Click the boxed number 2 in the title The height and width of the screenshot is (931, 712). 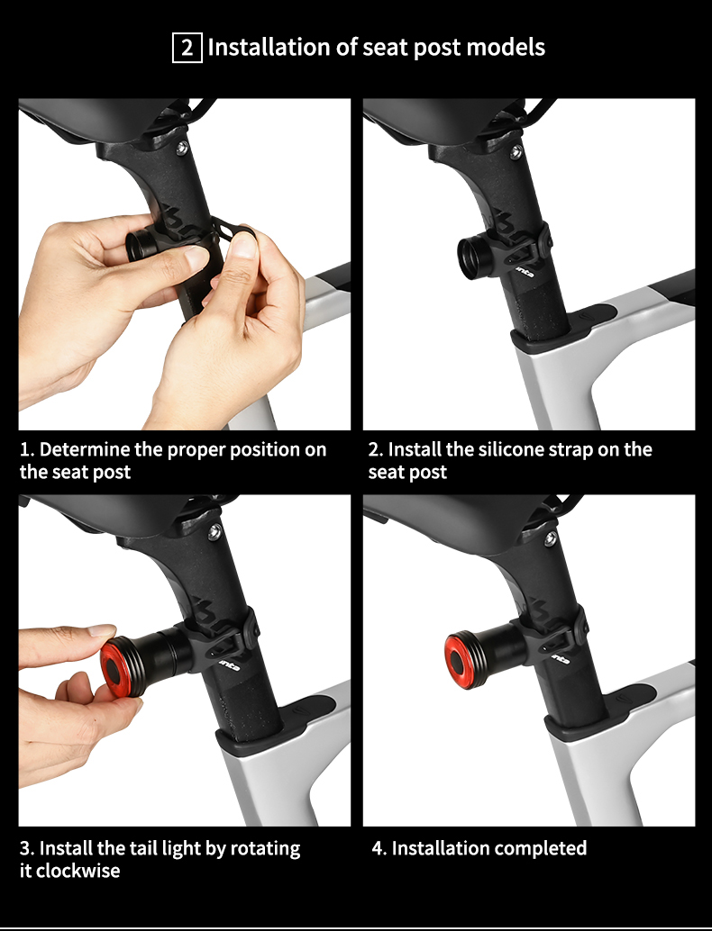[x=187, y=47]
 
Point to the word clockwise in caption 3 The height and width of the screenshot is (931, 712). [x=78, y=871]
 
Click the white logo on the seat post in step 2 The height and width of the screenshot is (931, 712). [x=525, y=267]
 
